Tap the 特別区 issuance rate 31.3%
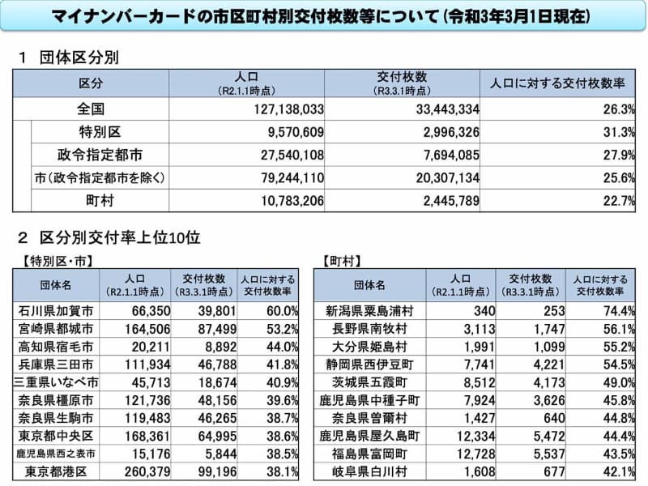coord(619,132)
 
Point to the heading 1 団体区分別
coord(69,58)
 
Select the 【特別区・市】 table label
coord(53,261)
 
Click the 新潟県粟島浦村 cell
coord(366,312)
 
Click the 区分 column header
coord(91,84)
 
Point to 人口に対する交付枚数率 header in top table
coord(558,84)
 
